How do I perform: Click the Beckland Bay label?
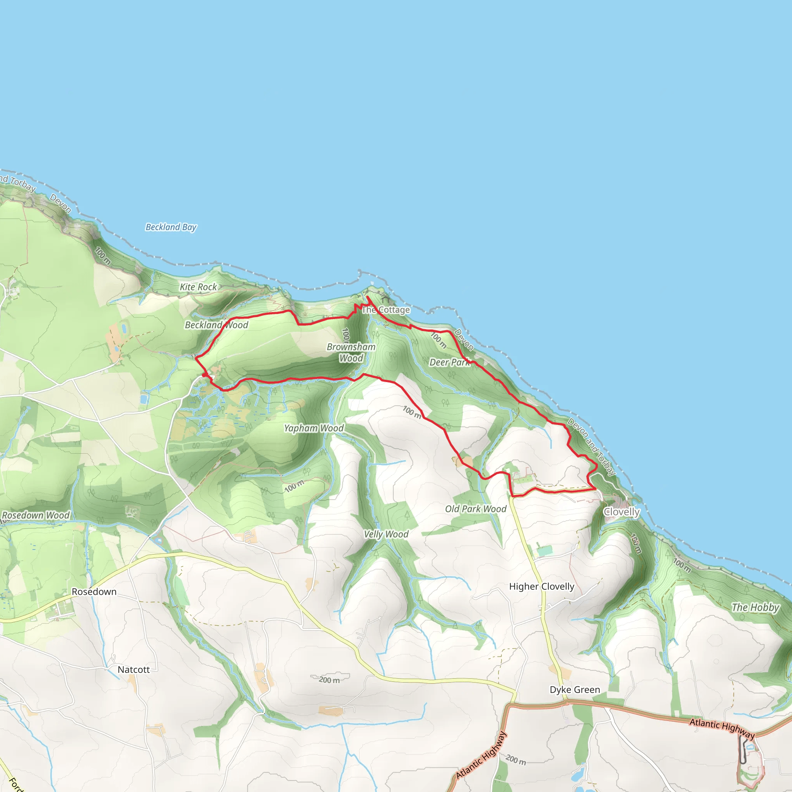[171, 227]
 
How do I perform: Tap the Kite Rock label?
[198, 287]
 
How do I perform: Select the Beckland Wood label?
[217, 325]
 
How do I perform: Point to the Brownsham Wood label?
[351, 353]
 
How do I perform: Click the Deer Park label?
[450, 362]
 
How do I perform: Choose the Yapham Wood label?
[314, 428]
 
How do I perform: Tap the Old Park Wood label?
[476, 509]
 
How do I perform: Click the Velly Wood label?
[386, 534]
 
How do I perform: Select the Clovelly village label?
[621, 512]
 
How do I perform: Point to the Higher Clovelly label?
[541, 587]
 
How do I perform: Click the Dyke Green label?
[575, 690]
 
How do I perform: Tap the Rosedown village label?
[94, 592]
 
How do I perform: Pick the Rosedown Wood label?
[36, 515]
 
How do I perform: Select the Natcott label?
[134, 670]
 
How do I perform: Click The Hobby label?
[755, 608]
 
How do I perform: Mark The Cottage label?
[386, 310]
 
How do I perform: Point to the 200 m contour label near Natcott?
[329, 680]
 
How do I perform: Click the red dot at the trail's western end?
[205, 375]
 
